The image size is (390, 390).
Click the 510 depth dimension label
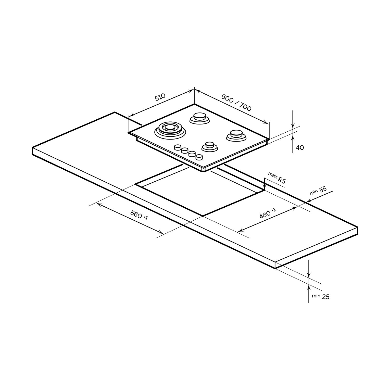click(x=160, y=97)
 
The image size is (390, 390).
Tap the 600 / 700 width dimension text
click(x=236, y=103)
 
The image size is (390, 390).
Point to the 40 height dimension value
click(x=300, y=147)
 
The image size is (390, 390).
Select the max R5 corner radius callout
click(x=277, y=178)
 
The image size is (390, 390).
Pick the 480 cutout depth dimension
click(x=267, y=213)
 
